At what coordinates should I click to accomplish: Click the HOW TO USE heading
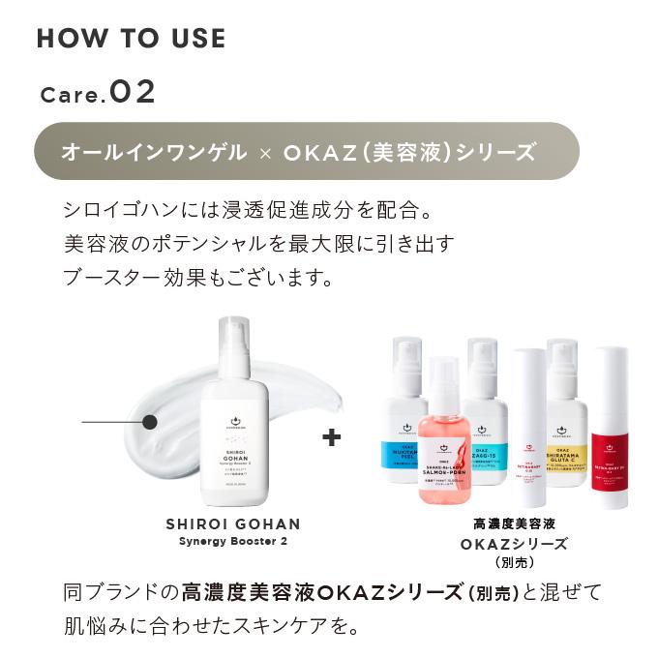point(131,39)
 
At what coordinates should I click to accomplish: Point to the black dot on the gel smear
point(149,422)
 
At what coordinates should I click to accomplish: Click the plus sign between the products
point(332,437)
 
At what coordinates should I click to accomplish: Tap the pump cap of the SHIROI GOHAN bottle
point(234,344)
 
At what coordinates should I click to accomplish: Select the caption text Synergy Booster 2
point(234,541)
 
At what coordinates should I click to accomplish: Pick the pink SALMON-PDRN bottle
point(444,445)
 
